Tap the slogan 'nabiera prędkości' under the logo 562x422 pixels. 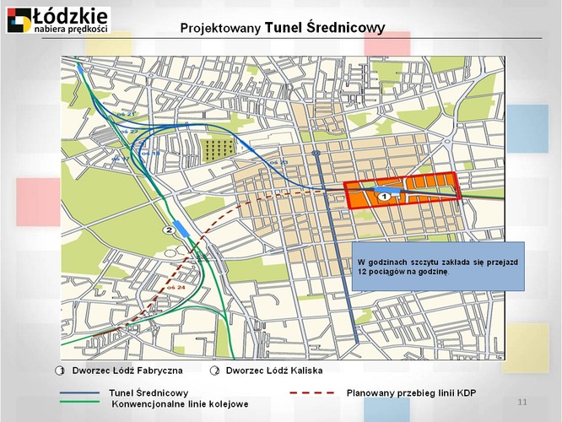(x=71, y=29)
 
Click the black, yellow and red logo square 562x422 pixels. (x=19, y=19)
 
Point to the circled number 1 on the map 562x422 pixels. (x=382, y=196)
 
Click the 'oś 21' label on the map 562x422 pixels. (x=127, y=112)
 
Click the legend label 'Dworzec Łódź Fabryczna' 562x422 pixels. (x=120, y=371)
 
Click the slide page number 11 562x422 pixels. (x=521, y=399)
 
